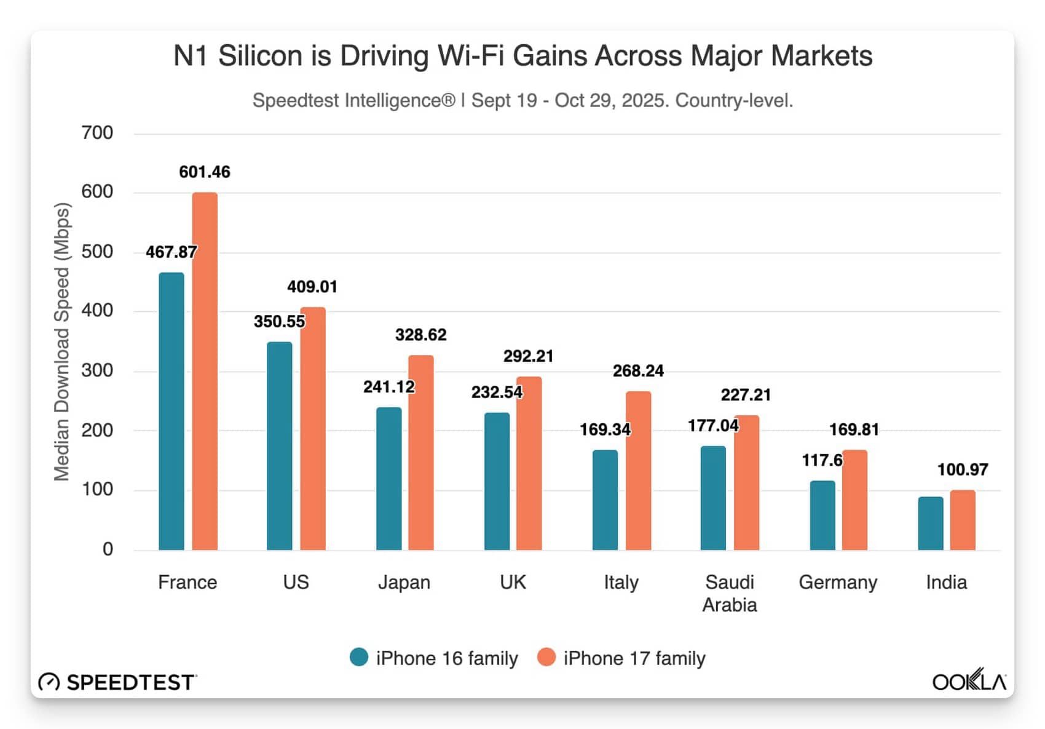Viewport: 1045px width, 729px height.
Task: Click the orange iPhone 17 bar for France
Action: [205, 371]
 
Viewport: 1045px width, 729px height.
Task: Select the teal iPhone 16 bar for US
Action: [280, 446]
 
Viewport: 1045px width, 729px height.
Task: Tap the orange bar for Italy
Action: [638, 471]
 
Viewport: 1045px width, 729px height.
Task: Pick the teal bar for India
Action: [931, 524]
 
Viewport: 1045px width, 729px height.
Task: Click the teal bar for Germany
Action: [822, 516]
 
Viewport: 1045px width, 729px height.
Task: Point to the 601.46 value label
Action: [205, 172]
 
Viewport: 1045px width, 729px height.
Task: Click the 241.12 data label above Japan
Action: [388, 387]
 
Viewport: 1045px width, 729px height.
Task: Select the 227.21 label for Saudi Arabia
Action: [746, 395]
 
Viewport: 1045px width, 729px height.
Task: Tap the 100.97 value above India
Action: [963, 470]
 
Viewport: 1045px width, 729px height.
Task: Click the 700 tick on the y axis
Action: [97, 133]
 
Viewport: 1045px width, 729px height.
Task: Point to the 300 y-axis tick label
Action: [97, 370]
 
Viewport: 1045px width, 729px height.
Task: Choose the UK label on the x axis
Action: [513, 582]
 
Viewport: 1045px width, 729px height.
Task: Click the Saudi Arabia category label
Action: [730, 594]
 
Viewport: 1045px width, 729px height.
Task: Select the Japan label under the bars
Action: [404, 582]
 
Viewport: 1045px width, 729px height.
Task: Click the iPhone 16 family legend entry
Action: [434, 658]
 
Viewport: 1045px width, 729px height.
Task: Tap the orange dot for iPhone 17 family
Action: [546, 658]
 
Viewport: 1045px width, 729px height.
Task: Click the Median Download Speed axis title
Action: [62, 341]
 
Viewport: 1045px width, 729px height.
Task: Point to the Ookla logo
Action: [969, 680]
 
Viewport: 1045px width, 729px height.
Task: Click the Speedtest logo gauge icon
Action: [49, 682]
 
